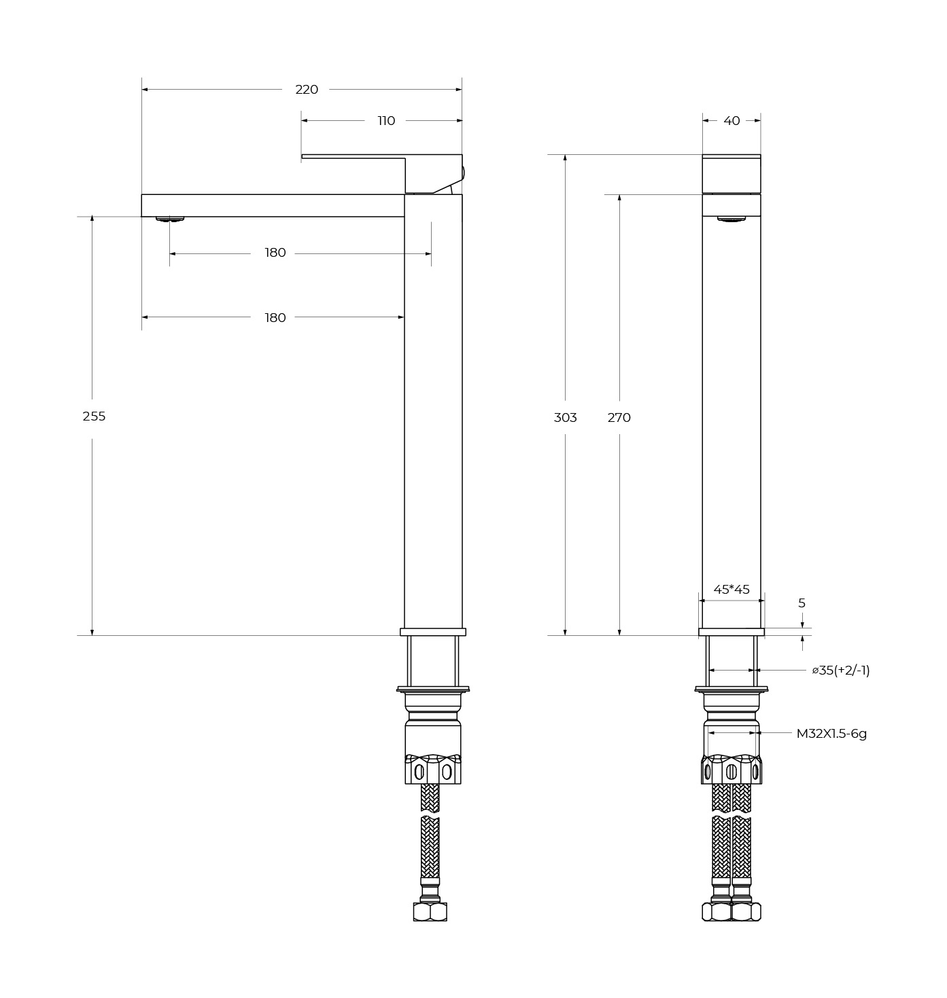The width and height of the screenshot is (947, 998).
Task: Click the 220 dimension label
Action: tap(307, 90)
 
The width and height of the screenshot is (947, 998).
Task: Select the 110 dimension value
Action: tap(386, 121)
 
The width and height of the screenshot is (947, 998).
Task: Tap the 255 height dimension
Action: tap(94, 416)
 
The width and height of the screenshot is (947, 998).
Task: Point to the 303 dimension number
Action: tap(565, 418)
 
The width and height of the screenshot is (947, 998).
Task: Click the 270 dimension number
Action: tap(619, 418)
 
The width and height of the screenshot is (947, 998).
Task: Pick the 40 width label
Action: tap(731, 121)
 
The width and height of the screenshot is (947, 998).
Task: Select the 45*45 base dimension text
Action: tap(731, 590)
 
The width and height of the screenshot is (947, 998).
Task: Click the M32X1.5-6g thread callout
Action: tap(831, 734)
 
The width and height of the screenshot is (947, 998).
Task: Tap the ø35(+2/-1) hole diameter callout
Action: tap(841, 671)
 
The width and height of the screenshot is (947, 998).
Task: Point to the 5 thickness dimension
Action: tap(802, 603)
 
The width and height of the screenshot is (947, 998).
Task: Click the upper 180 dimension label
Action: tap(275, 253)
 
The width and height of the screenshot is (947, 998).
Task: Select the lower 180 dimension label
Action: tap(275, 318)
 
